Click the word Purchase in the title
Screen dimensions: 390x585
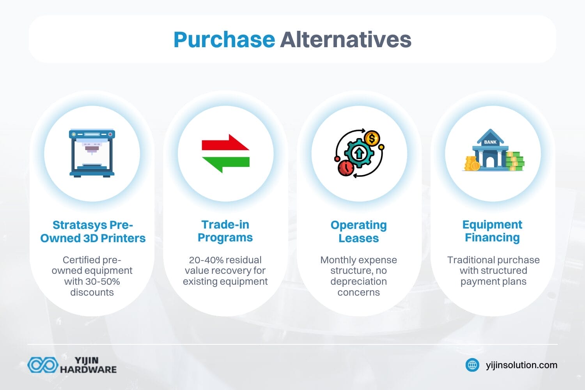coord(224,40)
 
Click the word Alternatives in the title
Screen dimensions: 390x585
coord(346,40)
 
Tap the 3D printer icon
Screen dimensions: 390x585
coord(92,153)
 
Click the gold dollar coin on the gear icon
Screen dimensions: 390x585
coord(372,138)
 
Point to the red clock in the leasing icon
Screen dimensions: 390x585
coord(345,168)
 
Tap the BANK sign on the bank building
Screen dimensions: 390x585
coord(490,142)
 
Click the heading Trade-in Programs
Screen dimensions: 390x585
coord(225,231)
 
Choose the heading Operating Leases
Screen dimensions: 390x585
coord(358,231)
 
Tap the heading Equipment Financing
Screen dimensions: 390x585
coord(492,231)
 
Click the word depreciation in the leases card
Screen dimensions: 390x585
coord(358,282)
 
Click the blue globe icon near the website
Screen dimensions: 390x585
coord(472,365)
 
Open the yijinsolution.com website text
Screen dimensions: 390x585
coord(521,365)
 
